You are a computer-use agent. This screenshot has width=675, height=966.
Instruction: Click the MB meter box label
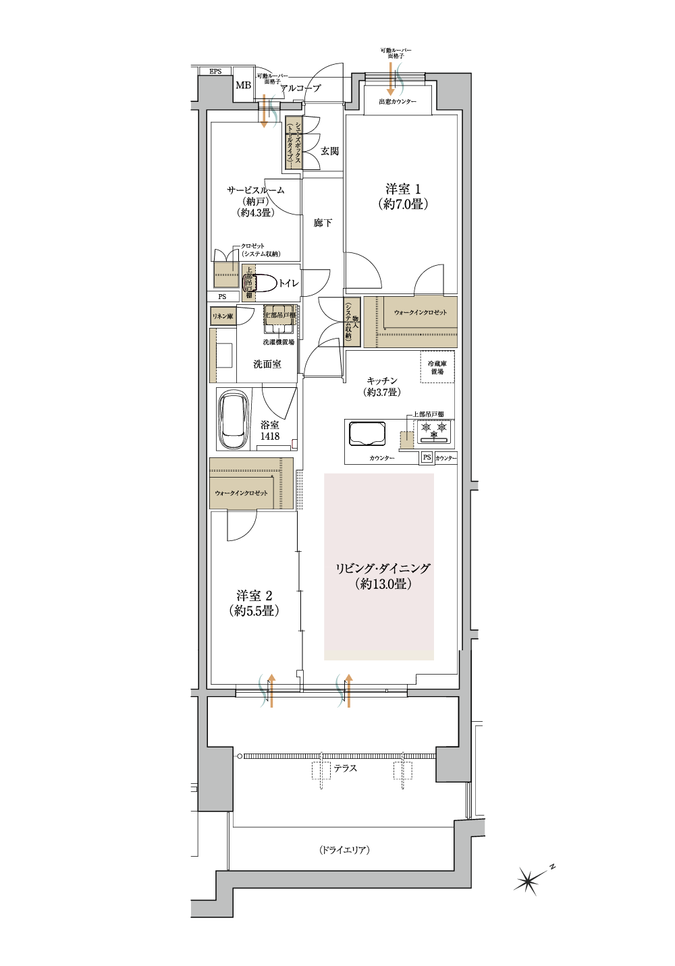click(x=243, y=86)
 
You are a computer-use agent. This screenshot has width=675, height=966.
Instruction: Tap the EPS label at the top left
click(x=215, y=72)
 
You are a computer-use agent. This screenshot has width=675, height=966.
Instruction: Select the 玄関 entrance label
click(x=329, y=151)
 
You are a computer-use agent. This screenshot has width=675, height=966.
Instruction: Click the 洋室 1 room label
click(x=403, y=190)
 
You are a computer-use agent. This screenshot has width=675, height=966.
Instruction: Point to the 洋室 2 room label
click(x=254, y=596)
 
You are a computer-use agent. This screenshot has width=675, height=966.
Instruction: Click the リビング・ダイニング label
click(x=383, y=569)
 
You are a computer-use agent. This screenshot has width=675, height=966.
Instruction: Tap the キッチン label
click(x=382, y=380)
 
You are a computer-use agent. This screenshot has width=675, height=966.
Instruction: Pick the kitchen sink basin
click(x=367, y=433)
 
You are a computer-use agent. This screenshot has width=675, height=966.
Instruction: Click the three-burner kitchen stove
click(x=434, y=431)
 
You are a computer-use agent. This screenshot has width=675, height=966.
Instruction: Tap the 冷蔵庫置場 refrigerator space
click(x=437, y=367)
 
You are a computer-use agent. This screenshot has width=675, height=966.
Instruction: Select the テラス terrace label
click(x=345, y=768)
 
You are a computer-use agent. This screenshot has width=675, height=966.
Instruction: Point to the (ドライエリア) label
click(x=344, y=850)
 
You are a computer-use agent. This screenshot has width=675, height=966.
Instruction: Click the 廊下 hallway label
click(x=323, y=223)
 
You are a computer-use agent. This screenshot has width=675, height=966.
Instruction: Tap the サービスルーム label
click(x=255, y=190)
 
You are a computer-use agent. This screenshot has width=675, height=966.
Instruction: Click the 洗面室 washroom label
click(x=267, y=364)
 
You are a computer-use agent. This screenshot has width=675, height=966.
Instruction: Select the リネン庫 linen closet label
click(x=223, y=316)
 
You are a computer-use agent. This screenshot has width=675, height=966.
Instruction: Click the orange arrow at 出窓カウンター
click(x=391, y=80)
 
